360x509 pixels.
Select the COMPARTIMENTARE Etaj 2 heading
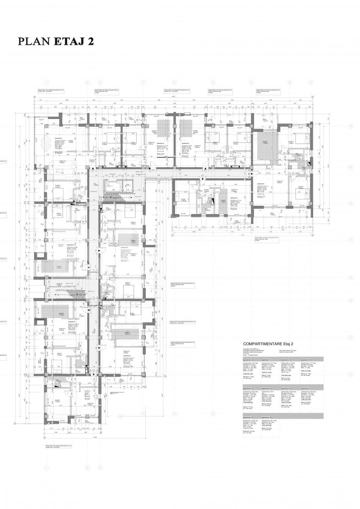point(268,344)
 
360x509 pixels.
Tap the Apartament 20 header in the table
point(248,360)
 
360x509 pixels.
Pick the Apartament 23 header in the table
point(306,360)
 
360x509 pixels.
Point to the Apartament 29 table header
point(267,417)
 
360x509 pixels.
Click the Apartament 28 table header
point(248,417)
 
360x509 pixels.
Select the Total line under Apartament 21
point(266,372)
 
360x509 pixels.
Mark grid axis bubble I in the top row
point(47,83)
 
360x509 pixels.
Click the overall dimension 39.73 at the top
point(174,97)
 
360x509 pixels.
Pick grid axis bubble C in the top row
point(251,83)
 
